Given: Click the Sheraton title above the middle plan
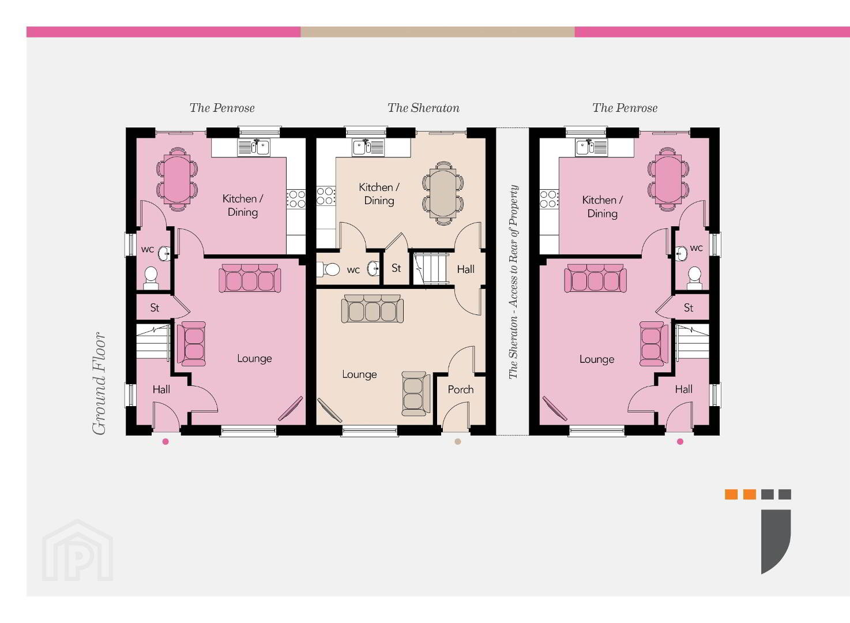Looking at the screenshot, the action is coord(423,108).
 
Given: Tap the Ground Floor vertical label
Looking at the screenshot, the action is coord(99,384).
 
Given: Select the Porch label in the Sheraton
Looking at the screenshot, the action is coord(461,389).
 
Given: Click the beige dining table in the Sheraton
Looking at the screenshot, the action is coord(443,194).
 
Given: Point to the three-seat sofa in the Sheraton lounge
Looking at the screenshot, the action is coord(373,309).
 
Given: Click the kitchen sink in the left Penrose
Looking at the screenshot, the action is coord(254,147).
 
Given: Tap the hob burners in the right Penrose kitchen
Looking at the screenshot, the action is coord(548,199).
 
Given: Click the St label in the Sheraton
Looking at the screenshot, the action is coord(396,268).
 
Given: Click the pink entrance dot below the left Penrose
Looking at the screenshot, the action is coord(166,441).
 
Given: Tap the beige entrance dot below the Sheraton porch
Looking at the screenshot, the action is coord(458,441).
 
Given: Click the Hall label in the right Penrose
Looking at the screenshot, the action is coord(683,389).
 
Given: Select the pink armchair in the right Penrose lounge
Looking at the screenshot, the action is coord(653,344).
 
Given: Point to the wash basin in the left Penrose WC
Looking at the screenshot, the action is coord(164,254).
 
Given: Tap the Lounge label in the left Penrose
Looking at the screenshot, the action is coord(254,359).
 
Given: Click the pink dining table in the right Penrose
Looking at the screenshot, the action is coord(668,179).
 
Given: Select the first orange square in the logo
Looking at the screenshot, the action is coord(731,494).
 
